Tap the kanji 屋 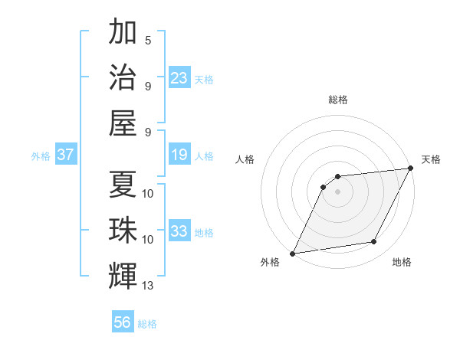(123, 123)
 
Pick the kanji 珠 (123, 229)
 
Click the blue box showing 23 (179, 77)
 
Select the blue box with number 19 (179, 155)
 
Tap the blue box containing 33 (179, 231)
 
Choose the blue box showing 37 (65, 155)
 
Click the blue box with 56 (122, 322)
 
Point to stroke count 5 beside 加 (148, 39)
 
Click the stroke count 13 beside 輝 (148, 286)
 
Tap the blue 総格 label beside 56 (148, 324)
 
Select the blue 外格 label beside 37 (41, 156)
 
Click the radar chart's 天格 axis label (431, 159)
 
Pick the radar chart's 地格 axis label (402, 263)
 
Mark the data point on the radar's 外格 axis (292, 254)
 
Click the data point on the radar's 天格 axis (411, 169)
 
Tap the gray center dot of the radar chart (337, 191)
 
